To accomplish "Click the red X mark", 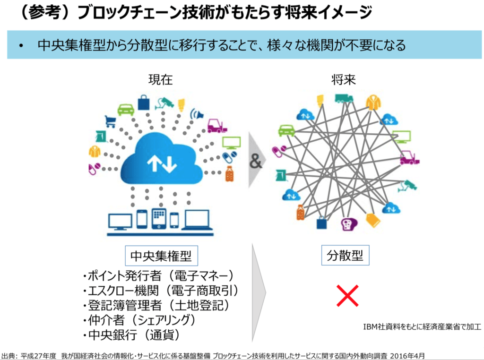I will pos(347,295).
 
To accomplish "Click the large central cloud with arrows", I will pos(162,160).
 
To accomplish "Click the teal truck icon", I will pos(344,98).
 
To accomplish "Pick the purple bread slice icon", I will pos(349,223).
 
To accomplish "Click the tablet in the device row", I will pos(157,219).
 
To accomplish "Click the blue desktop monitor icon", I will pos(120,221).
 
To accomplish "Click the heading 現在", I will pos(161,80).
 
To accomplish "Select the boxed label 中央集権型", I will pos(161,256).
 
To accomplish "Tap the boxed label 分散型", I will pos(345,256).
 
